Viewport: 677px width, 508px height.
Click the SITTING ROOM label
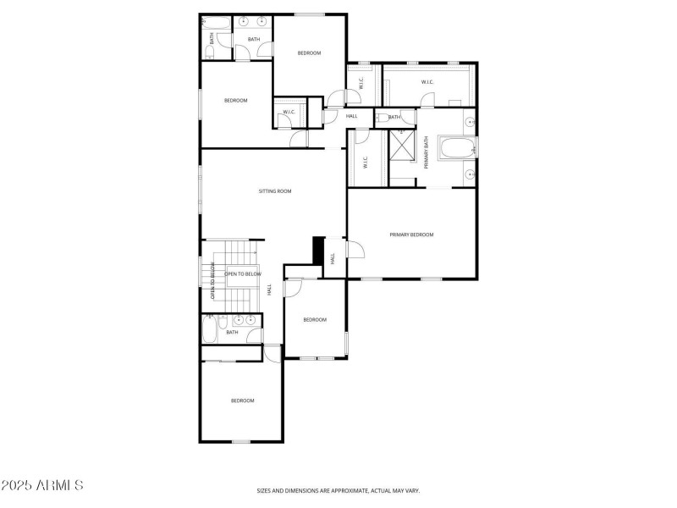coord(275,191)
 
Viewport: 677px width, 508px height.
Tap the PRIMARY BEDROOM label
coord(411,235)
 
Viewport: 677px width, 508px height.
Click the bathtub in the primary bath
coord(457,150)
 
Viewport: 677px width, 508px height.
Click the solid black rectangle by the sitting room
coord(318,250)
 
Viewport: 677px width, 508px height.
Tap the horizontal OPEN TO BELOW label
coord(243,274)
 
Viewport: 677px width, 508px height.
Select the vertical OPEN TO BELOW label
coord(212,281)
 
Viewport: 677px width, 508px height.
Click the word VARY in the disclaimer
coord(412,490)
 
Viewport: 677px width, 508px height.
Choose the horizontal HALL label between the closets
coord(351,116)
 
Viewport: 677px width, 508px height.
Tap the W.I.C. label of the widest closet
coord(427,82)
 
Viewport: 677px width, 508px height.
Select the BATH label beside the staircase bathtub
coord(232,333)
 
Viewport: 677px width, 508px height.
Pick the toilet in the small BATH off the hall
coord(382,117)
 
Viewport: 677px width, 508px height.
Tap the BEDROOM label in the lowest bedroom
coord(243,400)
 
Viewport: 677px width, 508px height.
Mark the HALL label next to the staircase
coord(269,289)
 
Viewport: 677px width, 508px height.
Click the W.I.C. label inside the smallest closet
coord(289,112)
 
